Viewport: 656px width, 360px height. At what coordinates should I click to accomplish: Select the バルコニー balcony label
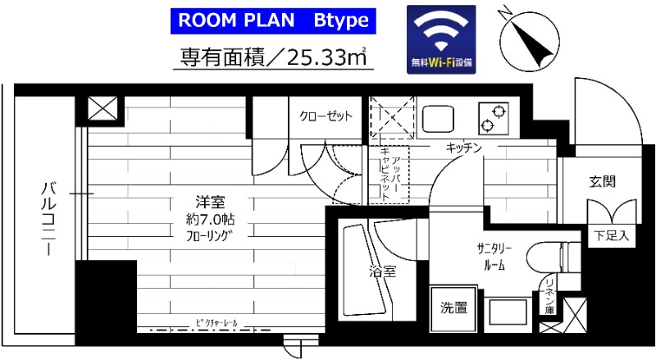coord(48,218)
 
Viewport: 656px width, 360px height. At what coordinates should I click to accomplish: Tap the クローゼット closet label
coord(326,116)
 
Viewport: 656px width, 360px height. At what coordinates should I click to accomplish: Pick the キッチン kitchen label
coord(463,147)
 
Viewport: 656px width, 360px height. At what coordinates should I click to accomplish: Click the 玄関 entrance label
coord(602,182)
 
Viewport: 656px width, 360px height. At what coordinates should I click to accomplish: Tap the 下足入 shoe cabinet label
coord(611,236)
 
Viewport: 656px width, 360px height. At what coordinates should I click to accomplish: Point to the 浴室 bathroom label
coord(382,271)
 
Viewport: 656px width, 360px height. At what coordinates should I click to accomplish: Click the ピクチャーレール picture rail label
coord(216,323)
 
